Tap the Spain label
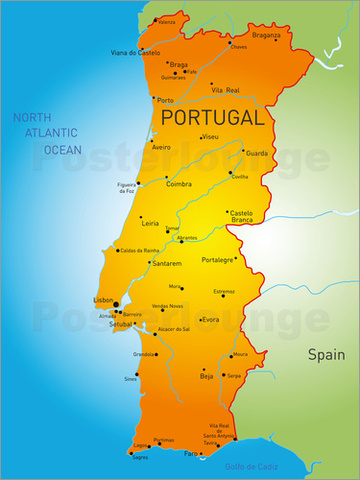click(325, 354)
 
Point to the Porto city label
click(165, 100)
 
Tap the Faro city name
click(190, 453)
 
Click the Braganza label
click(267, 34)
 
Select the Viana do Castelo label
click(135, 52)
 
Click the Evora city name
click(210, 319)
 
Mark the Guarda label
click(256, 153)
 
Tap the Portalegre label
click(217, 259)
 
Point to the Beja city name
click(206, 376)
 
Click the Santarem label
click(166, 263)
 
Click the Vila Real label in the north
click(225, 90)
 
